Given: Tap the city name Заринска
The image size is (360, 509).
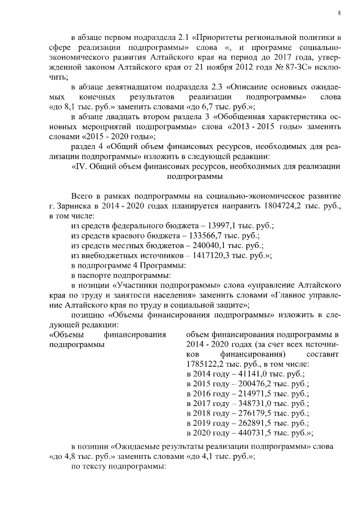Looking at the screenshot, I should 75,205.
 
